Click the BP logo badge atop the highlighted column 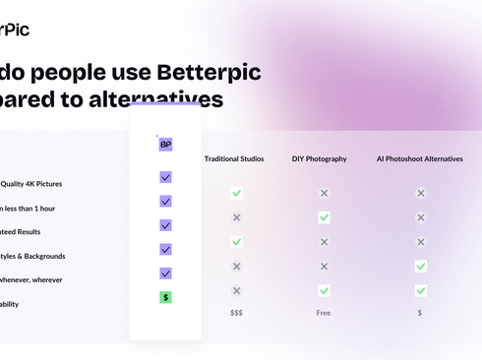pos(165,144)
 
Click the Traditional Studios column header pos(234,158)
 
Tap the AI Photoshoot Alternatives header pos(420,158)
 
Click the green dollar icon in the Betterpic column pos(165,296)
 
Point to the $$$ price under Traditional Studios pos(236,312)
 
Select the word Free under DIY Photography pos(324,312)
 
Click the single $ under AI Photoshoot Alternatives pos(420,312)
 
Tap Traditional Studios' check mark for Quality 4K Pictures pos(236,193)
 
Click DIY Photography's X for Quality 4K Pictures pos(324,193)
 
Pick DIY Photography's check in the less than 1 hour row pos(324,217)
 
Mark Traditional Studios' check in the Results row pos(236,241)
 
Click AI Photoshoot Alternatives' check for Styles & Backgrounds pos(420,266)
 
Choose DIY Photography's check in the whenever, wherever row pos(324,290)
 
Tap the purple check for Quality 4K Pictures pos(165,177)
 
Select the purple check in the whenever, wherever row pos(165,273)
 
